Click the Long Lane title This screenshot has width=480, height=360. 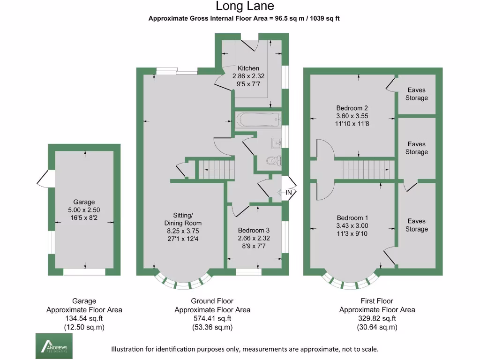coord(245,6)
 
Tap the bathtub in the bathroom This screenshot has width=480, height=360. coord(258,120)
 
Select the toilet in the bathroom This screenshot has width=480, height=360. coord(274,160)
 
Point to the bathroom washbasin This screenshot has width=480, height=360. coord(276,143)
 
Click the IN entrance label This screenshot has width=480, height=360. coord(289,193)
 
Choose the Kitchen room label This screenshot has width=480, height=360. coord(248,68)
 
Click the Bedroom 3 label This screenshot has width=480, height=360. coord(254,230)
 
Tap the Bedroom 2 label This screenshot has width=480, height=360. coord(352,108)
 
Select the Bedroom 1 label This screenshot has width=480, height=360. coord(352,218)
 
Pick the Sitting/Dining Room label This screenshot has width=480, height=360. coord(183,219)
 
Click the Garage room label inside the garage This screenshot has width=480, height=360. coord(84,202)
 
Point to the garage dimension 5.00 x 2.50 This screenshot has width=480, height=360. coord(84,210)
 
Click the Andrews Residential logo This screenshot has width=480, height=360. coord(54,346)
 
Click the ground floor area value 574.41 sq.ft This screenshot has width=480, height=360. coord(212,319)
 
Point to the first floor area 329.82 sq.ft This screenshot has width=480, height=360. coord(377,319)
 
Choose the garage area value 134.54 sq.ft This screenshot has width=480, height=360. coord(84,319)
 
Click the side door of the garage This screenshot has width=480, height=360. coord(46,179)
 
